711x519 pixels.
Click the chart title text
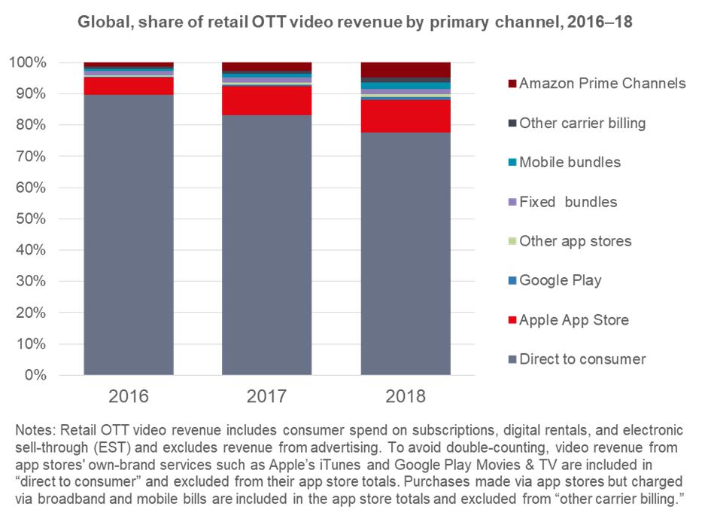click(x=355, y=23)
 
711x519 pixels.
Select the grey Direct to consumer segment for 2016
click(x=129, y=234)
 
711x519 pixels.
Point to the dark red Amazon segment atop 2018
click(x=406, y=69)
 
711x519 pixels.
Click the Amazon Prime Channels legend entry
click(x=602, y=83)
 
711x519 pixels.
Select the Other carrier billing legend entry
click(x=582, y=123)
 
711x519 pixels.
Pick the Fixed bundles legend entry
click(x=567, y=202)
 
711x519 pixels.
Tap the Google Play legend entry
click(x=561, y=280)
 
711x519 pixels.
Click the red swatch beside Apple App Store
click(x=512, y=321)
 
